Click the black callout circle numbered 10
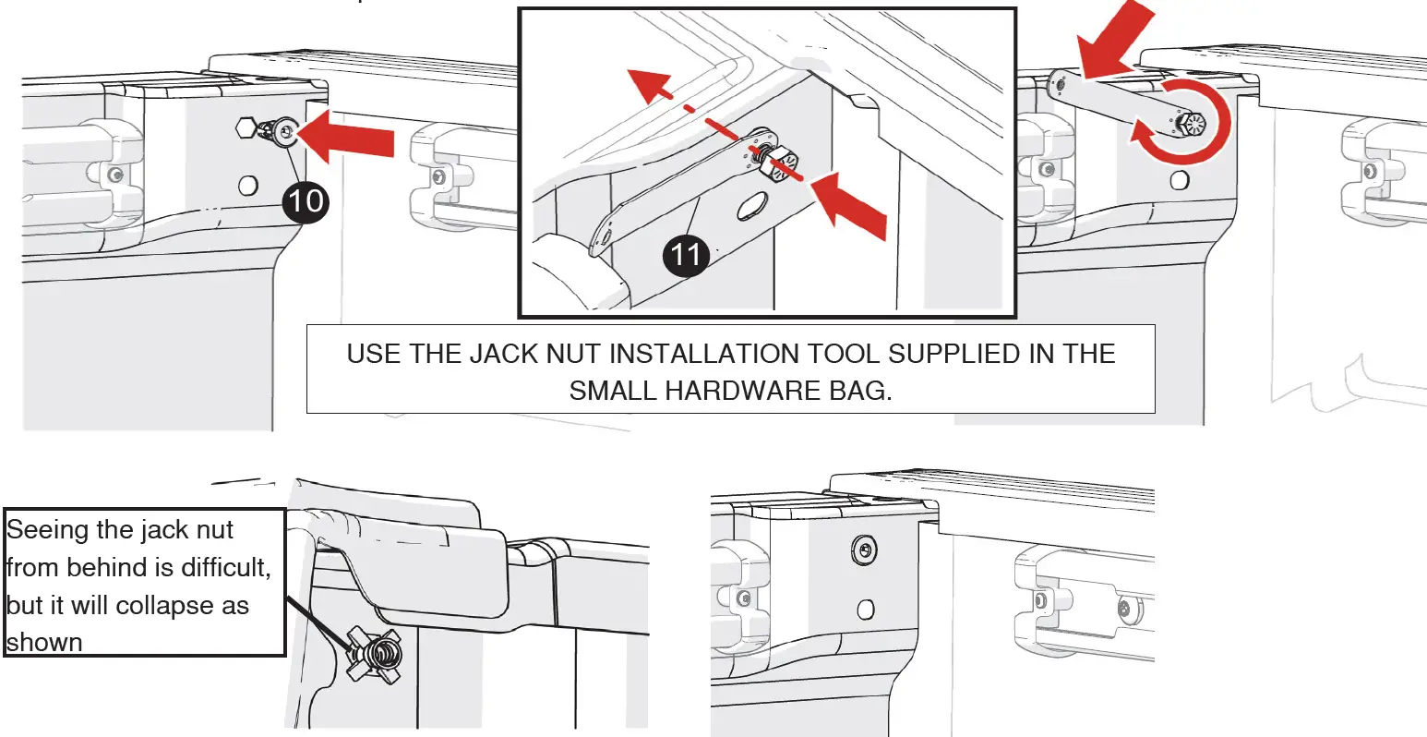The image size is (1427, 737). pyautogui.click(x=306, y=199)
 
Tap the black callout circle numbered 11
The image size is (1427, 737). pyautogui.click(x=685, y=252)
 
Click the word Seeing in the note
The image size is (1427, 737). pyautogui.click(x=54, y=530)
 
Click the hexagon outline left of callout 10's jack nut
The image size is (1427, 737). pyautogui.click(x=246, y=127)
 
